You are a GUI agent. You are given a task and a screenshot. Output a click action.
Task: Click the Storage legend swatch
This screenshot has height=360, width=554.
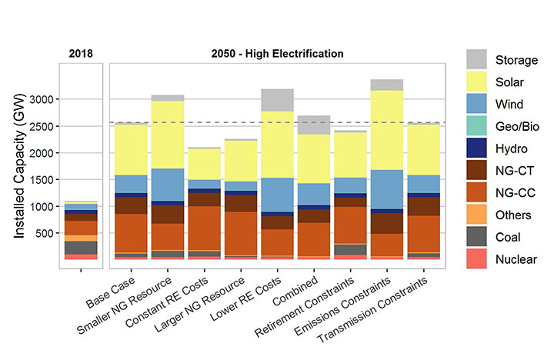click(x=477, y=58)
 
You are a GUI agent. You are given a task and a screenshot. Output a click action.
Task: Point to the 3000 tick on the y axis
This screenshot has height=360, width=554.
click(x=43, y=100)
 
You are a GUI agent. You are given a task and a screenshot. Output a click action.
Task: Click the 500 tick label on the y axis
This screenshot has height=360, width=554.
click(x=46, y=233)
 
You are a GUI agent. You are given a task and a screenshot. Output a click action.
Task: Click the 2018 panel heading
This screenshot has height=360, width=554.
click(x=80, y=54)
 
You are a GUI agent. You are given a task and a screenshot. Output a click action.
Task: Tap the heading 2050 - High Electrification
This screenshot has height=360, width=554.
click(x=277, y=54)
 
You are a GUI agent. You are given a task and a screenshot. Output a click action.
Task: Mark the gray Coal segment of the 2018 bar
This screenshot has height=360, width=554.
click(x=81, y=247)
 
